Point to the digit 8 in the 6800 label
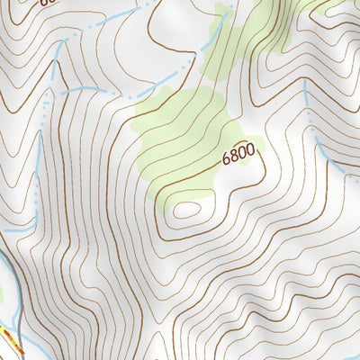tap(234, 156)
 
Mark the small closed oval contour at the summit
tap(186, 210)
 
